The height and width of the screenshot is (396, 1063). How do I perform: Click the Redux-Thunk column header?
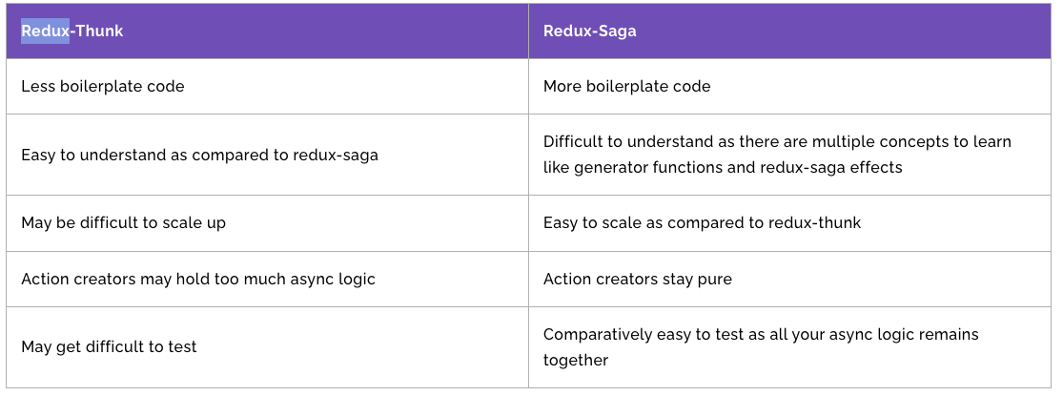tap(72, 31)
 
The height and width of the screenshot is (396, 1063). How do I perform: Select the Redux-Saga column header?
tap(589, 31)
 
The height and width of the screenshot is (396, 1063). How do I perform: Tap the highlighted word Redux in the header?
tap(45, 31)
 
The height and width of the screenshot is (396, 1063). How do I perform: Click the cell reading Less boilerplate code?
tap(102, 87)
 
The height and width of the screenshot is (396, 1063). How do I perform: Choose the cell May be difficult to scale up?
tap(123, 223)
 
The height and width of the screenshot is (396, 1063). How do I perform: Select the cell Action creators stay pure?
tap(637, 280)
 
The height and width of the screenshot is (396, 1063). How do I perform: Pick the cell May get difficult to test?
tap(109, 347)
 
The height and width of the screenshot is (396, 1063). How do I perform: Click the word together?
tap(576, 360)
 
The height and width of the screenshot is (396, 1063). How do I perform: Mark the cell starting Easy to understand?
tap(199, 156)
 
